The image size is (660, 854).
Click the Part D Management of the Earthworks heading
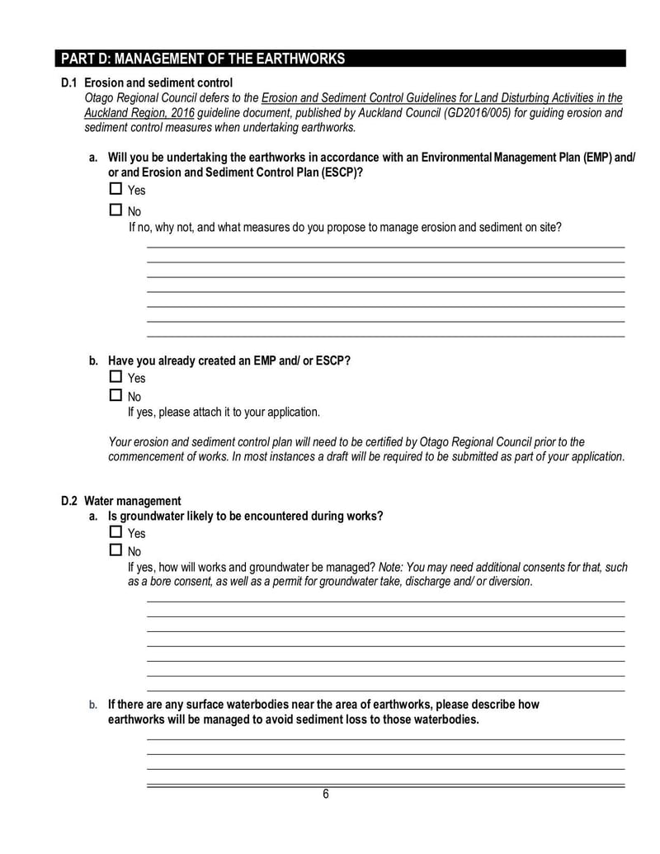click(203, 59)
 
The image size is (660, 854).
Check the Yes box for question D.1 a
click(115, 189)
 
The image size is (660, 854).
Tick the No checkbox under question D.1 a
click(115, 210)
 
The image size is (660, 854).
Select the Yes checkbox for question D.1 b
click(115, 376)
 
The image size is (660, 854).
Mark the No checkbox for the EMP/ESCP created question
click(115, 395)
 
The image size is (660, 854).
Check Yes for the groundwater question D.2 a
click(115, 532)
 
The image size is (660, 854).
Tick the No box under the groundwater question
click(115, 550)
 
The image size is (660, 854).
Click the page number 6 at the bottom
click(326, 795)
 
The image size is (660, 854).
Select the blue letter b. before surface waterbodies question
click(93, 705)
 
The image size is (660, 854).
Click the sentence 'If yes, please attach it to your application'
click(224, 412)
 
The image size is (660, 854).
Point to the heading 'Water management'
click(132, 501)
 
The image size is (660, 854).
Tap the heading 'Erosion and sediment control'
click(158, 83)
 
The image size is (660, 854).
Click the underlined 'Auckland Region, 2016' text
click(136, 112)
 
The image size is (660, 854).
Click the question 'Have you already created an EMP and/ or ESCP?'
click(229, 361)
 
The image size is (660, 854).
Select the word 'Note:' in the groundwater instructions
click(391, 568)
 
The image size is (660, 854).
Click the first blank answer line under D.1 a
click(385, 247)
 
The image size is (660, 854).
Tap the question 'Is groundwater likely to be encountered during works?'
click(245, 517)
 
